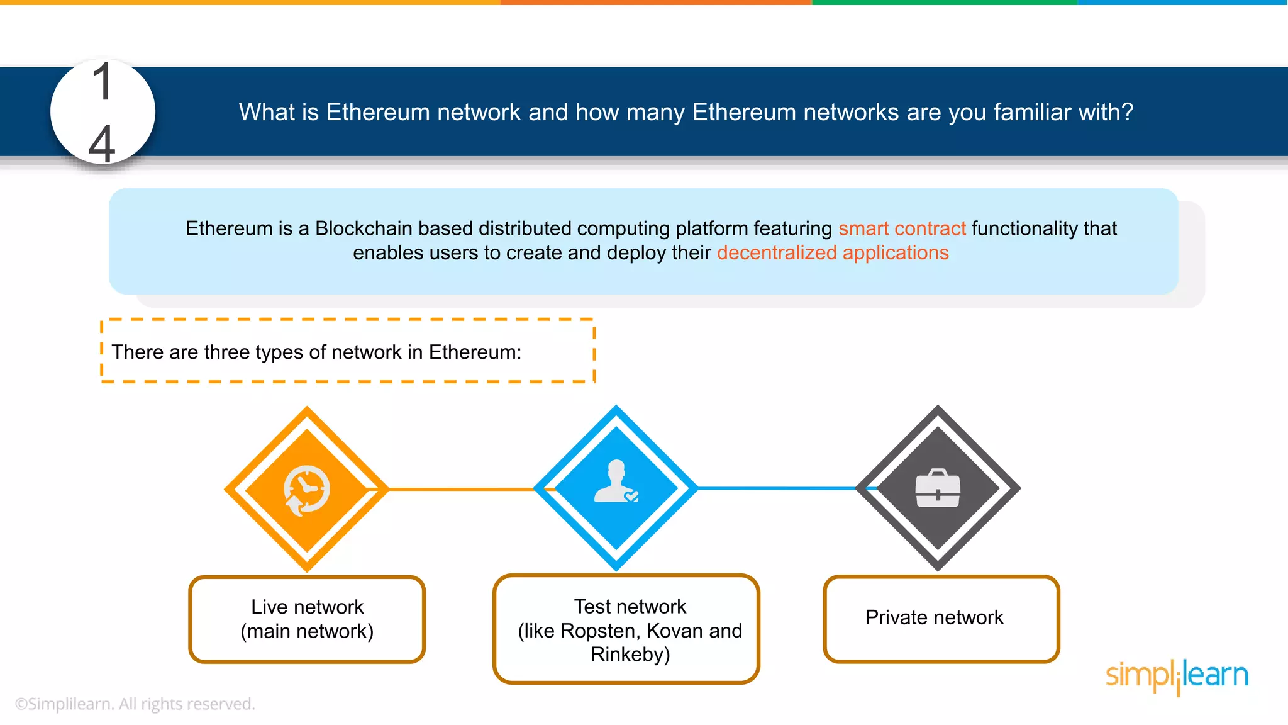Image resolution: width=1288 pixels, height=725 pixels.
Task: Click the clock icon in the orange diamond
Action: tap(307, 490)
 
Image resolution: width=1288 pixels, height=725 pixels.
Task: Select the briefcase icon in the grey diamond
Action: tap(938, 488)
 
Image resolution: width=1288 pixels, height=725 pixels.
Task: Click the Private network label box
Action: tap(941, 618)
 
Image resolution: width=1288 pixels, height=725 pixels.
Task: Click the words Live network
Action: tap(307, 607)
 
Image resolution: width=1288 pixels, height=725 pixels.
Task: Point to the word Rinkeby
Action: tap(630, 655)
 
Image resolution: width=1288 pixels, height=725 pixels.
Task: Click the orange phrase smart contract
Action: tap(901, 228)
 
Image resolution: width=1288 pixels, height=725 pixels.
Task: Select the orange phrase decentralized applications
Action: tap(832, 253)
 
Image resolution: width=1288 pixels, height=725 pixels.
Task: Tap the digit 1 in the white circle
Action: tap(102, 82)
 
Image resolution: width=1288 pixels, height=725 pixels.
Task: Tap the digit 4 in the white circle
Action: tap(102, 143)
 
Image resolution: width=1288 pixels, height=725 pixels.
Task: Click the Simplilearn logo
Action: tap(1177, 676)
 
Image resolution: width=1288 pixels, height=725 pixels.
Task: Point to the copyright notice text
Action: tap(135, 704)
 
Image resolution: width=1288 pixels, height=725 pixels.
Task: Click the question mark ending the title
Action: tap(1127, 112)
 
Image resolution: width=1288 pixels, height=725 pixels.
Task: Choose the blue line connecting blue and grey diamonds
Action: tap(777, 488)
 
